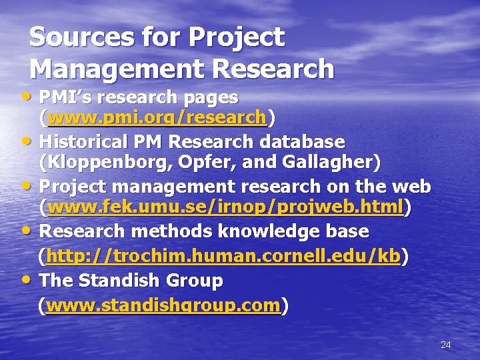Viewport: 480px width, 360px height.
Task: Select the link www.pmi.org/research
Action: [157, 118]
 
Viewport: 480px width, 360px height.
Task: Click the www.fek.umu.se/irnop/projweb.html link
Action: [226, 209]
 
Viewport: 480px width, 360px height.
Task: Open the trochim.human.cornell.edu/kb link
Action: [223, 257]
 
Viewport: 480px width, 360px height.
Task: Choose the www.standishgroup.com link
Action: [163, 305]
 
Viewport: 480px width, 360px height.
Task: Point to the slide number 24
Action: [446, 345]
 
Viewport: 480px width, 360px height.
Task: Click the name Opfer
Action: [205, 161]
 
